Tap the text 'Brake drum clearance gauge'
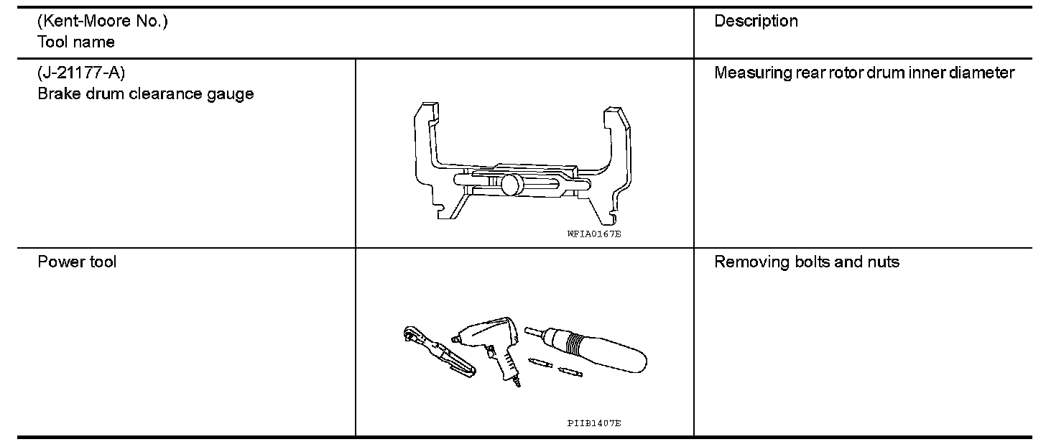pos(145,94)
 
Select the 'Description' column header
pos(756,22)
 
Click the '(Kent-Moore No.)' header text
pos(102,22)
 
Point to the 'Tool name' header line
pos(75,42)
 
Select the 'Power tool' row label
pos(76,262)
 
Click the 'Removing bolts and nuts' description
pos(806,262)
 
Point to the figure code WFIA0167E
pos(588,234)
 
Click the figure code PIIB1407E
pos(593,423)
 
